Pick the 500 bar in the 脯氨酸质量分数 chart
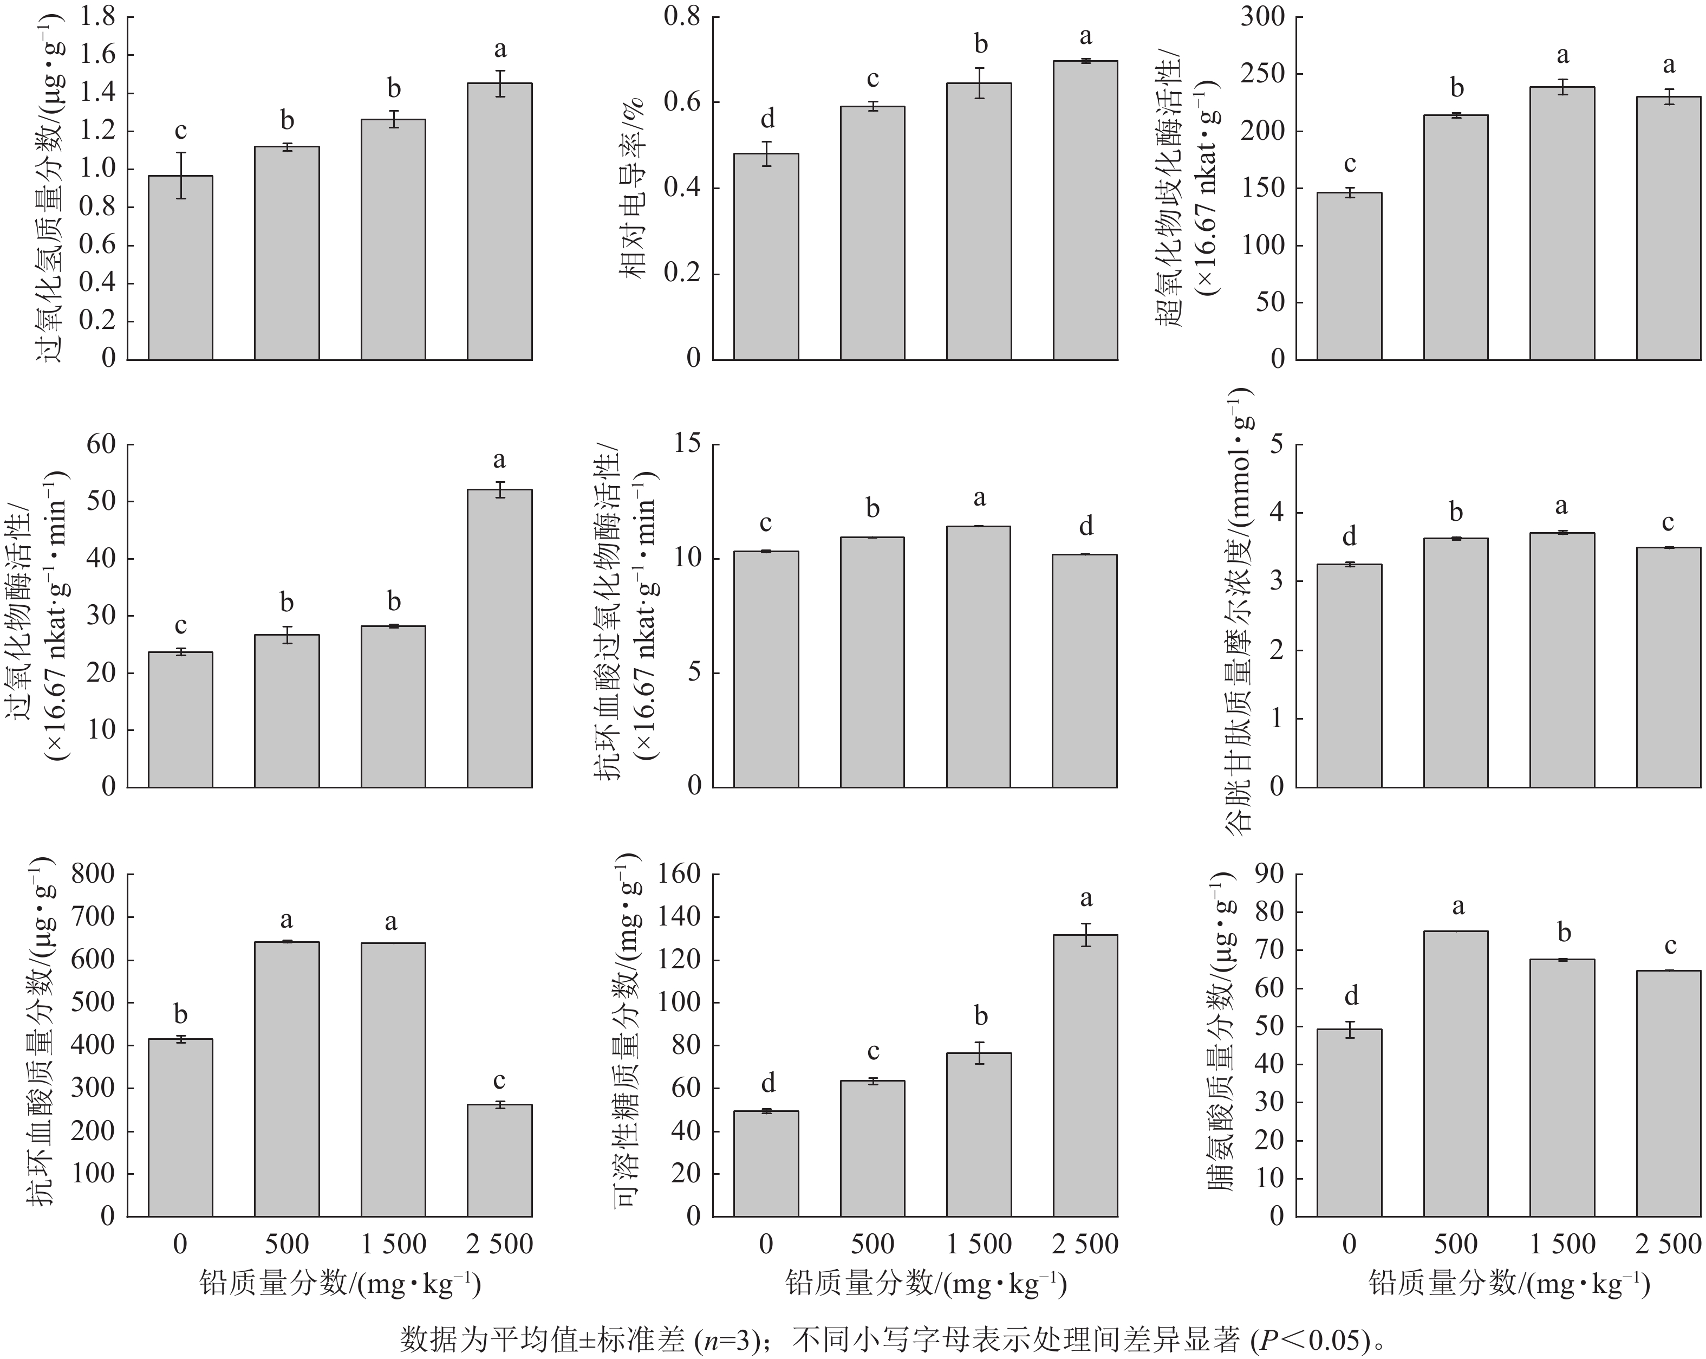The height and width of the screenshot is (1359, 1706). coord(1456,1073)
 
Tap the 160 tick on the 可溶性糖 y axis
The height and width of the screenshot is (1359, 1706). coord(680,874)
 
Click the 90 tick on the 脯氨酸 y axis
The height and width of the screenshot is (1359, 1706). coord(1271,874)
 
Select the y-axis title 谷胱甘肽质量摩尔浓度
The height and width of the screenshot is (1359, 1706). coord(1239,610)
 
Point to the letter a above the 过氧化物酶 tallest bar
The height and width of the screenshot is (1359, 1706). coord(499,460)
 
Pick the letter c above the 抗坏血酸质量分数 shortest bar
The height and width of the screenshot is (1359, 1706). coord(499,1081)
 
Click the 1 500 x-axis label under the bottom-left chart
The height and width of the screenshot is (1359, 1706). coord(393,1244)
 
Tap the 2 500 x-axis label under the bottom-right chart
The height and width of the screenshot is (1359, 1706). coord(1668,1244)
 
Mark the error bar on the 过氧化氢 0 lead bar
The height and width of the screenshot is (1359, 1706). coord(180,175)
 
